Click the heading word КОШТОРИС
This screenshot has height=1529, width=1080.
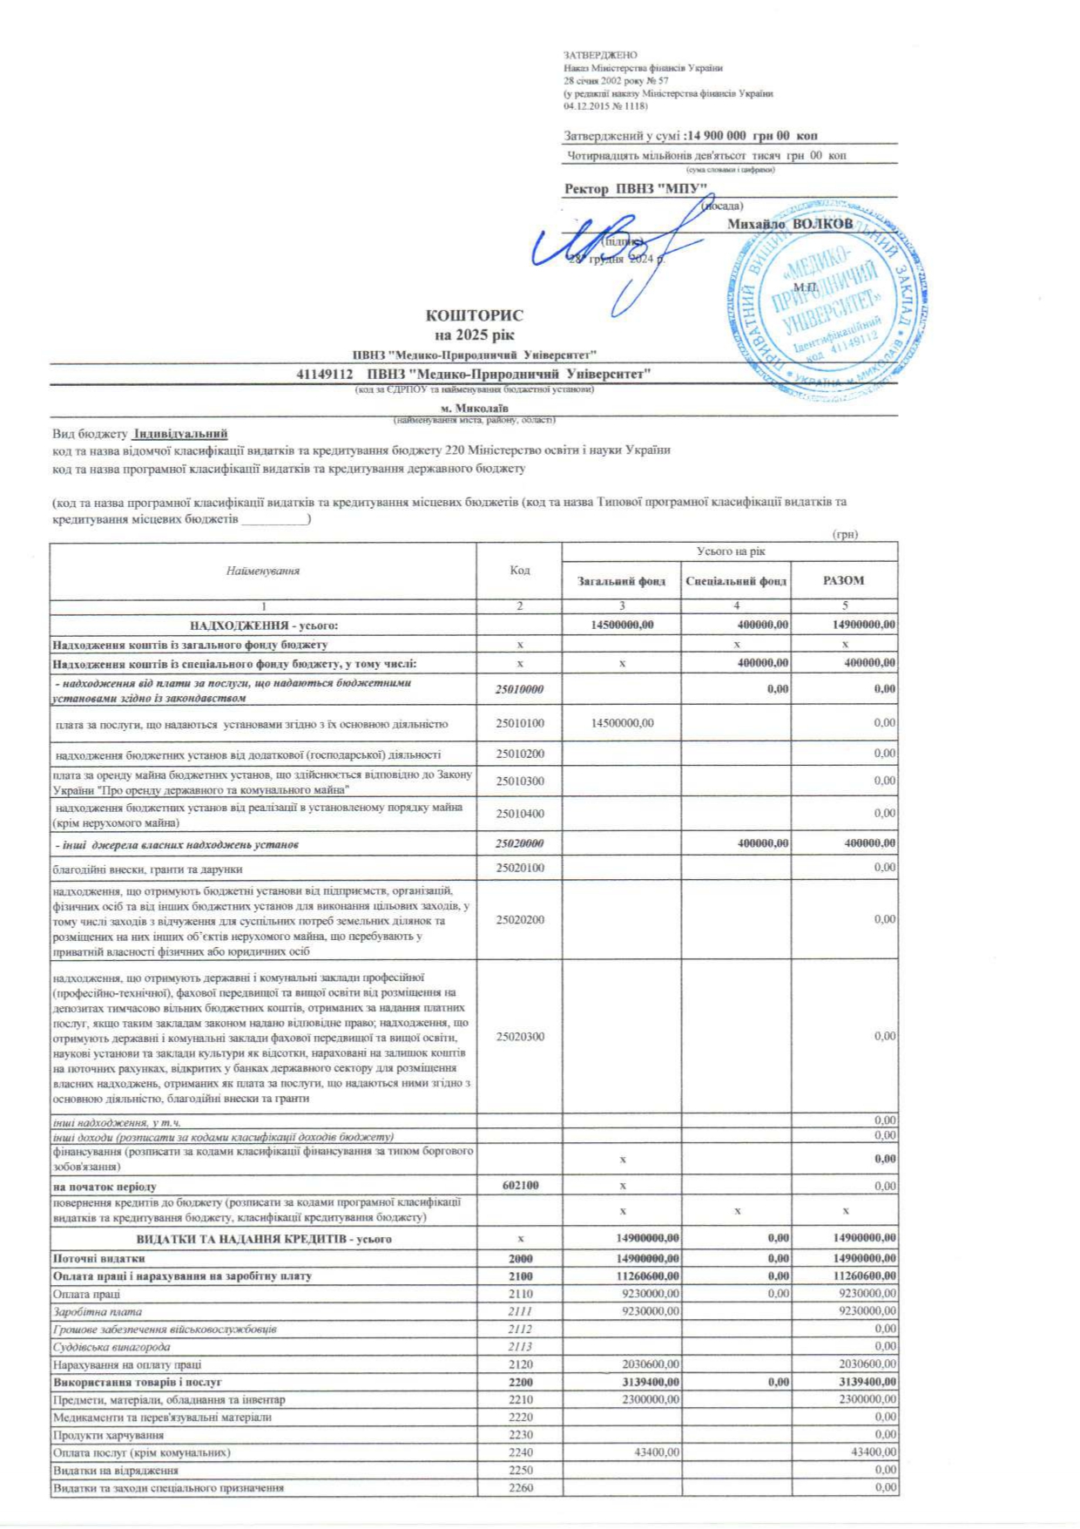tap(475, 315)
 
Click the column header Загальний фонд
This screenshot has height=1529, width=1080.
tap(621, 581)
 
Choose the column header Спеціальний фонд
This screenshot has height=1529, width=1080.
tap(736, 581)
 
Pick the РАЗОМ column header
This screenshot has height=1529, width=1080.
tap(843, 580)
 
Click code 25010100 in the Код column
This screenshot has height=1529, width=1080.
tap(519, 723)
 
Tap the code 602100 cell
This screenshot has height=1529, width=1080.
tap(519, 1186)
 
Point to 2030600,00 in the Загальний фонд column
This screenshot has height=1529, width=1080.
tap(651, 1364)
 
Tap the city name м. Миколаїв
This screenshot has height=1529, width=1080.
tap(475, 408)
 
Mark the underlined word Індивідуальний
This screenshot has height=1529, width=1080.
tap(179, 433)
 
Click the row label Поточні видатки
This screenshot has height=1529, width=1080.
tap(98, 1258)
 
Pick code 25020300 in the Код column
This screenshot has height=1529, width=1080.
tap(519, 1036)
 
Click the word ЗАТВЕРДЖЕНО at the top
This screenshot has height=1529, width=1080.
tap(600, 55)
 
